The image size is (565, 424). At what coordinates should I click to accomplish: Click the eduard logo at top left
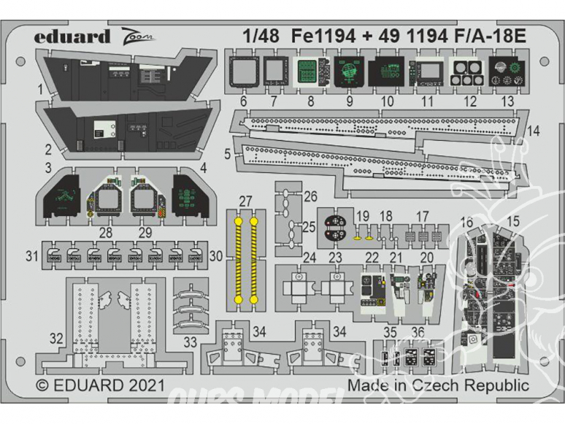[72, 37]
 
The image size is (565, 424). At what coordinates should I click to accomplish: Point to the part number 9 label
[350, 103]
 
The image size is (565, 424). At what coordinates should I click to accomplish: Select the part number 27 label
[245, 201]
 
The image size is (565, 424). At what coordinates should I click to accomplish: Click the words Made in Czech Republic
[437, 385]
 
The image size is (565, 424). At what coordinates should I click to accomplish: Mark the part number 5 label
[228, 154]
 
